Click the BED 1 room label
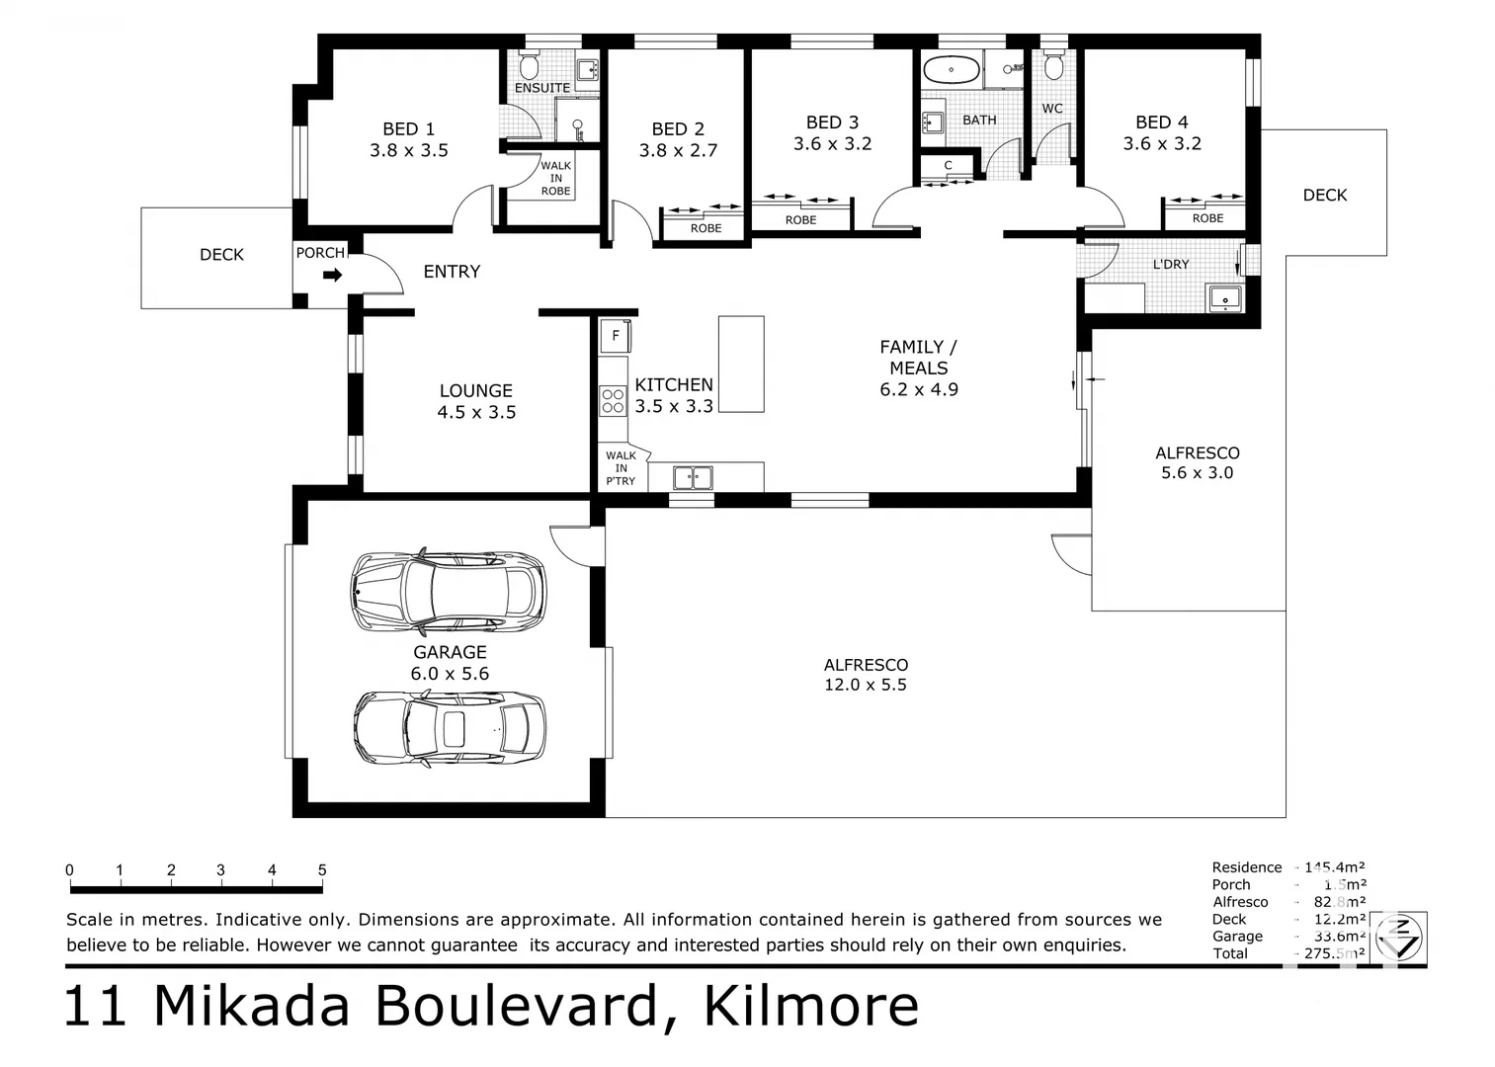point(408,129)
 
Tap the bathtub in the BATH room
point(951,71)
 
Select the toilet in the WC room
point(1053,66)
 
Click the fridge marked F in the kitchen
point(615,336)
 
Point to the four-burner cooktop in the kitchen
point(613,400)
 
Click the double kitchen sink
point(693,478)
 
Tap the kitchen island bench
point(740,364)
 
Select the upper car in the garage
point(448,591)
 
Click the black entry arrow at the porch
point(332,276)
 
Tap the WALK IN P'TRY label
point(621,468)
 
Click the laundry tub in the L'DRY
point(1225,297)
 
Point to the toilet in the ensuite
point(529,66)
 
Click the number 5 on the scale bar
point(322,870)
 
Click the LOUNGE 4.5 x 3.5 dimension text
point(476,412)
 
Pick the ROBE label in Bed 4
point(1206,218)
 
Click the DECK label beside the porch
point(221,255)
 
